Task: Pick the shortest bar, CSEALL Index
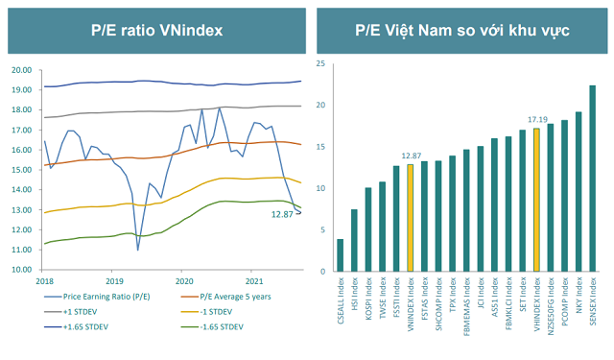[x=340, y=254]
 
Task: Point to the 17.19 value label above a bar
[x=535, y=119]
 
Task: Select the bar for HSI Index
[x=354, y=239]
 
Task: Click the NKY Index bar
[x=579, y=190]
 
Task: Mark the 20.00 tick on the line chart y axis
[x=23, y=71]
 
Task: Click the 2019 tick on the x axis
[x=114, y=280]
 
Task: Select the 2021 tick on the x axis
[x=252, y=280]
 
